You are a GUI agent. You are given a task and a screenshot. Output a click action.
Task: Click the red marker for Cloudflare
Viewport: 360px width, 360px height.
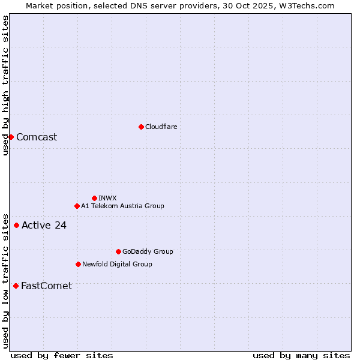[x=141, y=127]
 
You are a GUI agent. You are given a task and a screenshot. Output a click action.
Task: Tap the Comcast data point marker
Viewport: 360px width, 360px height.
[x=11, y=137]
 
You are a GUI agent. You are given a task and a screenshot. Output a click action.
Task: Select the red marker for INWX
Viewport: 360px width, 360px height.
[x=94, y=198]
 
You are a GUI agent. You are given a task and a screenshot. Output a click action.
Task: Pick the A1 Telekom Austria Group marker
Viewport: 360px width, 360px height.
[x=77, y=206]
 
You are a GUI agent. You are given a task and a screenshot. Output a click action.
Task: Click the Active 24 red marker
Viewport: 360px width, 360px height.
[x=16, y=226]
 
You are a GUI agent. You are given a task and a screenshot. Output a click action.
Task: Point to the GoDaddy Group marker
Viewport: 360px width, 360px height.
[x=118, y=251]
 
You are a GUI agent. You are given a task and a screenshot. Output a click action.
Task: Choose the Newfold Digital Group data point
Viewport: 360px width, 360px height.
[x=78, y=264]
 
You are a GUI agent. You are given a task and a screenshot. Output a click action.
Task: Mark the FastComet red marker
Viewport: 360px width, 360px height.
[x=16, y=286]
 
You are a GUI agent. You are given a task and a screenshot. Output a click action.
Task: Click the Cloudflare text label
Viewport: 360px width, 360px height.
[x=161, y=127]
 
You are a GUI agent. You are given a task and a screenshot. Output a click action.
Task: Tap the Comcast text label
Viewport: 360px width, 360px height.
[x=37, y=137]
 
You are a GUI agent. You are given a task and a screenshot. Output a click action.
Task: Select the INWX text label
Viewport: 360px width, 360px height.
[x=107, y=198]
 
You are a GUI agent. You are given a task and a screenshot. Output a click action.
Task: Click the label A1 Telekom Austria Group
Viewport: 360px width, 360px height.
[x=122, y=206]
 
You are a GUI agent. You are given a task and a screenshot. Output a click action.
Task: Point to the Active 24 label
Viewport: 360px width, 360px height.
[x=44, y=226]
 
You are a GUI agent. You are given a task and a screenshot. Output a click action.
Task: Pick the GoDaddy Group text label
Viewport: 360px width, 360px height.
[x=148, y=251]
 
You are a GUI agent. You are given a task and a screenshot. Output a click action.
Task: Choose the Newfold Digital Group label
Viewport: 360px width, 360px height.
[x=117, y=264]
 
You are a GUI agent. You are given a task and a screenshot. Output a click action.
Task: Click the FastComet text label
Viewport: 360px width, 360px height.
[x=46, y=286]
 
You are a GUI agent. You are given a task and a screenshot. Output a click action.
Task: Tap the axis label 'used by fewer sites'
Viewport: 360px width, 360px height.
[x=62, y=355]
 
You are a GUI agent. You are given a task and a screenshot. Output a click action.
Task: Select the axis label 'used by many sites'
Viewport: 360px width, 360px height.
[x=301, y=355]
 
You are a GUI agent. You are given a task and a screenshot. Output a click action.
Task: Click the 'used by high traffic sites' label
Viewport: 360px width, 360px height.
[x=5, y=85]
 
